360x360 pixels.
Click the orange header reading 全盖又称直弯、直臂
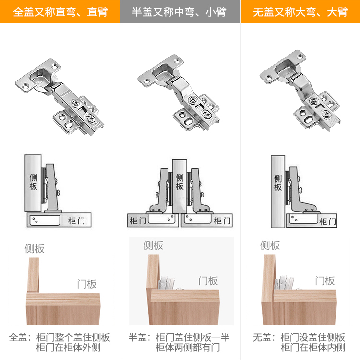60,12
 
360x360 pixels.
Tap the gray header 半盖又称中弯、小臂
180,12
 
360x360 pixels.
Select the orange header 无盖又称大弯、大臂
300,12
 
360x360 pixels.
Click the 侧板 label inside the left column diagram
33,183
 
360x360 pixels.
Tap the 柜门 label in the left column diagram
76,221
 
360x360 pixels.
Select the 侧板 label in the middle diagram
180,182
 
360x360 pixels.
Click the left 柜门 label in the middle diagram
138,221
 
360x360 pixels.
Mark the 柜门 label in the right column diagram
327,221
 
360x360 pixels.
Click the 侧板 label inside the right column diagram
278,183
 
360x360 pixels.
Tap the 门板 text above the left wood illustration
87,284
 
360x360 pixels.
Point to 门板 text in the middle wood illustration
208,280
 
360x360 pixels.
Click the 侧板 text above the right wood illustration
270,245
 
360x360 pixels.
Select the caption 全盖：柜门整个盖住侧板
60,337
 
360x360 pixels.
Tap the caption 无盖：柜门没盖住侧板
299,337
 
